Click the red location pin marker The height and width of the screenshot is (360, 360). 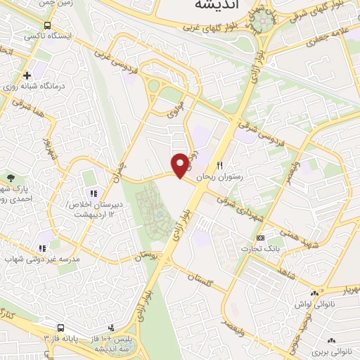(x=181, y=165)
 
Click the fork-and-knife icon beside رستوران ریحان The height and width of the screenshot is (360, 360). (x=219, y=165)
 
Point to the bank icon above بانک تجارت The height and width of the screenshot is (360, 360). (x=261, y=238)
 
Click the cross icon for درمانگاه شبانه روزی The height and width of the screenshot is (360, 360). (x=27, y=75)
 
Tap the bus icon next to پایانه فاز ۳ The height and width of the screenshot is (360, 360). (x=62, y=328)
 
